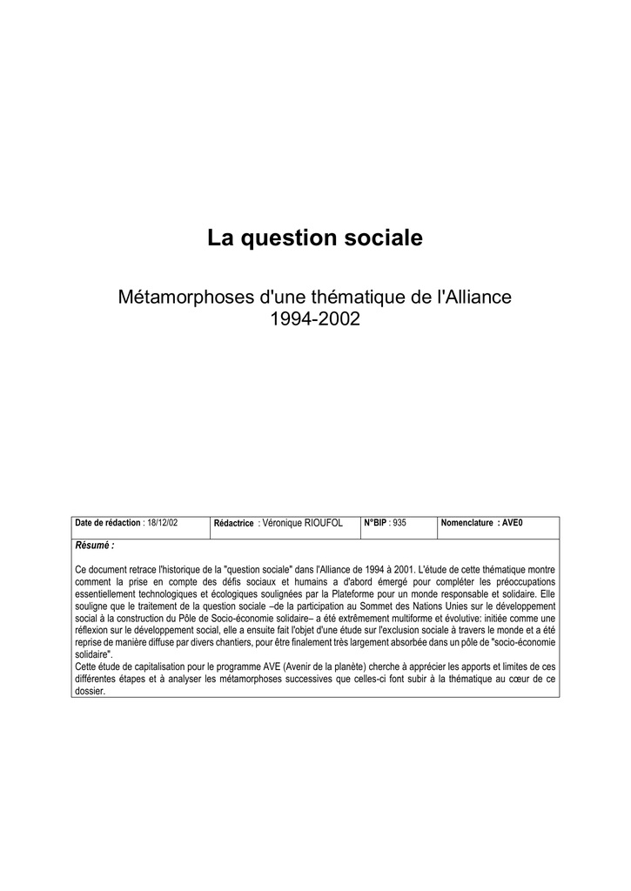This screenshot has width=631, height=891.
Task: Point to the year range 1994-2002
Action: (x=315, y=319)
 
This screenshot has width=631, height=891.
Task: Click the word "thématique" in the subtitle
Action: (x=352, y=297)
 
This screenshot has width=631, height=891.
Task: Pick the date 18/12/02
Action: (x=162, y=523)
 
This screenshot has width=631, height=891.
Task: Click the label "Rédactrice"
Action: (x=233, y=523)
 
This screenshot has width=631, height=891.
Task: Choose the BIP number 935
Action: (x=399, y=523)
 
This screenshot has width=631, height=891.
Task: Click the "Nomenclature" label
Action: (x=467, y=523)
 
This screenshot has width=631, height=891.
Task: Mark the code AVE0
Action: (x=512, y=523)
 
